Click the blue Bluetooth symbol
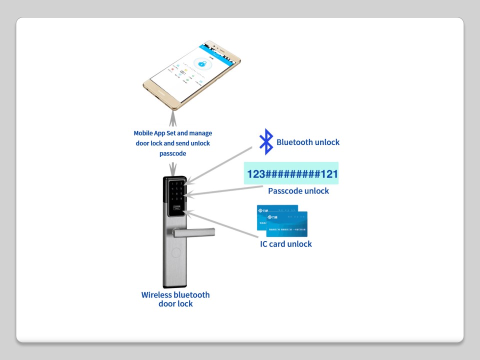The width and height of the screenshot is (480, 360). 266,141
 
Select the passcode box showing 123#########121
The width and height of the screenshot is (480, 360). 291,173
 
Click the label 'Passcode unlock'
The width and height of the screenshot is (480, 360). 298,191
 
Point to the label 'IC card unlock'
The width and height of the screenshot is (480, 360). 285,244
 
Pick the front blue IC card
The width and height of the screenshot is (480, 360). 287,225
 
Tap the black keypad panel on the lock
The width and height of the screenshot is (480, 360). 177,197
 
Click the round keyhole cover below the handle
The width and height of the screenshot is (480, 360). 176,251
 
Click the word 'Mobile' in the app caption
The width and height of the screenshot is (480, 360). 144,133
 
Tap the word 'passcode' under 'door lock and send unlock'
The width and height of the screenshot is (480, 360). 172,153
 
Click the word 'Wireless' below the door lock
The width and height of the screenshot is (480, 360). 157,295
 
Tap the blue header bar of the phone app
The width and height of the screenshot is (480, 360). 220,50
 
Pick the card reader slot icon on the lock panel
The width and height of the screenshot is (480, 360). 176,208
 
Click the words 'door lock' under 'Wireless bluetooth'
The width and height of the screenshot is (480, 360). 175,304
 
